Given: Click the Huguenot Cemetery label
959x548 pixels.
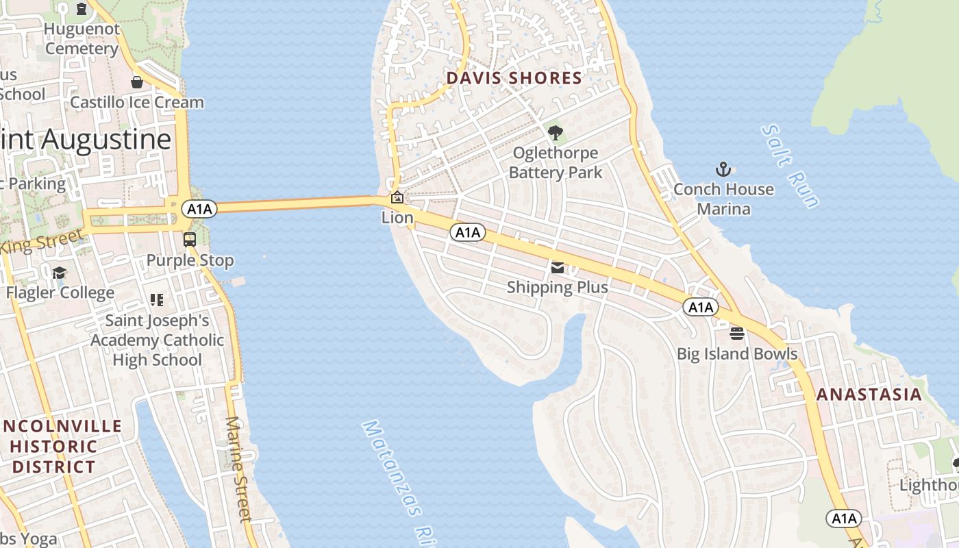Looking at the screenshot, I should click(82, 39).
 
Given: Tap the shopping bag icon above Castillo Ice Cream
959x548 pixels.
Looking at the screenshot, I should click(137, 82).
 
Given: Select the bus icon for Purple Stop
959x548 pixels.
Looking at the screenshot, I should click(190, 240).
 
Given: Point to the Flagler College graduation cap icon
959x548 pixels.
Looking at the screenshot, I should click(60, 273).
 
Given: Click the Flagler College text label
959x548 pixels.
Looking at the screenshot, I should click(60, 292).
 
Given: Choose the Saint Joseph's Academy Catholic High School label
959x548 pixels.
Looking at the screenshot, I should click(157, 340).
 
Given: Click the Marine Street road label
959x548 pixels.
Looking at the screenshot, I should click(238, 469).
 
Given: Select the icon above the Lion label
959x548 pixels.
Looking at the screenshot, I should click(397, 198).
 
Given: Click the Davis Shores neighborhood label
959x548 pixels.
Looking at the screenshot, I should click(514, 78).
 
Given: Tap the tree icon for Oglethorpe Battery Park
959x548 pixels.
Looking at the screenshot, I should click(556, 132).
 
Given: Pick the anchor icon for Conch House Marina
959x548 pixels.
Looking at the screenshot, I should click(723, 169).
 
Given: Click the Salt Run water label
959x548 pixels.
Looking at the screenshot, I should click(790, 166).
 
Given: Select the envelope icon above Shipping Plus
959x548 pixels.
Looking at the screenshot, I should click(558, 267).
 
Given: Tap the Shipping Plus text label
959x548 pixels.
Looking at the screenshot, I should click(558, 287).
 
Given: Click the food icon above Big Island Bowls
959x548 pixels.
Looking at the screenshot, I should click(737, 334).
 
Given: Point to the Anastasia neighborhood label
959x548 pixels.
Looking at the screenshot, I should click(869, 395).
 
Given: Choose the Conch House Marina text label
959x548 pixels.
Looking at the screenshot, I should click(723, 199).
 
